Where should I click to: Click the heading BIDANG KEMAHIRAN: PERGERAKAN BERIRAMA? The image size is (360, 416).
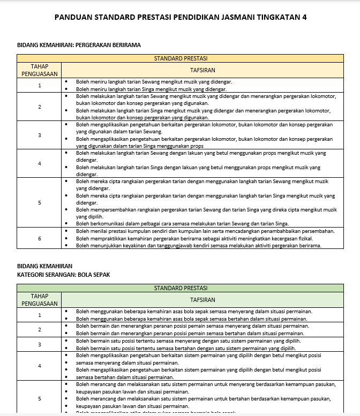79,46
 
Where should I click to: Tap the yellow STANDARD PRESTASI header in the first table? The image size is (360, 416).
181,58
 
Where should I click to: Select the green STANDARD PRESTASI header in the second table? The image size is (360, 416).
181,288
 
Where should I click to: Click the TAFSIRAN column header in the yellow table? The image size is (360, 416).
202,70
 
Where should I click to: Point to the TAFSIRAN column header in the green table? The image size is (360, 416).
202,300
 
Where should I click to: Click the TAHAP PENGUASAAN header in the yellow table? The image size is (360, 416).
39,70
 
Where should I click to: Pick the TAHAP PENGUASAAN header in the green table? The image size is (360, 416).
39,300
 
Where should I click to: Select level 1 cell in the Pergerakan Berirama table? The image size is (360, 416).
39,86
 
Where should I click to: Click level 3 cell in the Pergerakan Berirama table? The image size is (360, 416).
39,135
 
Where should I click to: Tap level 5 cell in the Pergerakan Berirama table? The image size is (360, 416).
39,203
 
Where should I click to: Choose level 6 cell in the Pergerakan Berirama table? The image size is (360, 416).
39,238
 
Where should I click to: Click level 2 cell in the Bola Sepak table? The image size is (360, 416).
39,329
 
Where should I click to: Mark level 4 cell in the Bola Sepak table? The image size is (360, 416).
39,366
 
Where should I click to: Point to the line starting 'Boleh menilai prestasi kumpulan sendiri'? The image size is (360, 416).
205,231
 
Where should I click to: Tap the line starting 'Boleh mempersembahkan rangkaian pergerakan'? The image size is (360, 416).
206,210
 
